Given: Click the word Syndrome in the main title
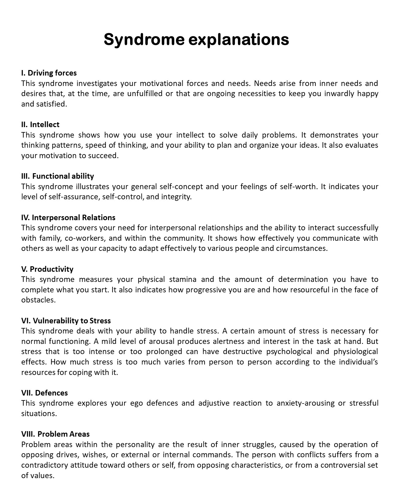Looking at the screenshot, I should pyautogui.click(x=144, y=40).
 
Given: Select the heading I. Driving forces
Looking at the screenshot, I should pyautogui.click(x=49, y=73).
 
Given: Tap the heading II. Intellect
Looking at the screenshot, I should pyautogui.click(x=40, y=125).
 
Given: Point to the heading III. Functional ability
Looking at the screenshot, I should pyautogui.click(x=57, y=176).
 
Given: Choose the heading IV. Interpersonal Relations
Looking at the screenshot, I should pyautogui.click(x=68, y=218).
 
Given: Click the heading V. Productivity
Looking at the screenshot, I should pyautogui.click(x=47, y=269).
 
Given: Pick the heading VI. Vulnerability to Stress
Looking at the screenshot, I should pyautogui.click(x=66, y=321).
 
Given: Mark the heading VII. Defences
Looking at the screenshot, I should pyautogui.click(x=45, y=393).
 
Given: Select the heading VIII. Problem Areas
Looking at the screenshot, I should pyautogui.click(x=55, y=434).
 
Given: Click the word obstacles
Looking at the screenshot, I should pyautogui.click(x=38, y=300).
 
